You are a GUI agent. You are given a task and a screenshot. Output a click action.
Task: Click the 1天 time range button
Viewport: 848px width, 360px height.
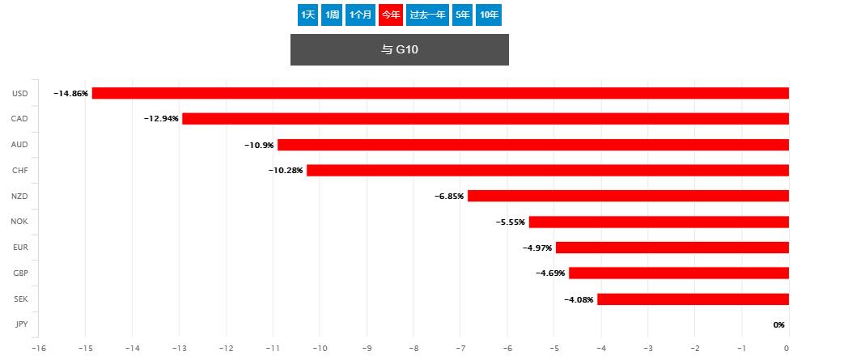click(x=307, y=15)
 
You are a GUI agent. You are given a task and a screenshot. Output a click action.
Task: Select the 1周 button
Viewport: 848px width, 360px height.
click(x=331, y=15)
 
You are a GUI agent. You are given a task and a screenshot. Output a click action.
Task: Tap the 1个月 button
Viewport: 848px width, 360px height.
click(x=360, y=15)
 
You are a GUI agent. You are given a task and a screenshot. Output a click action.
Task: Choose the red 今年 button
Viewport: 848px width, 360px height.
click(x=391, y=15)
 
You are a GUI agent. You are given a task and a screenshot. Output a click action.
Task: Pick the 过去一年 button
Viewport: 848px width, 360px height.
click(x=427, y=15)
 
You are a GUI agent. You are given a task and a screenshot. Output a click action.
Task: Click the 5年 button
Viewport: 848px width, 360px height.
click(x=462, y=15)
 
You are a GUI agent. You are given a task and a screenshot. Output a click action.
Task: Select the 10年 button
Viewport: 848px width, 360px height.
click(x=489, y=15)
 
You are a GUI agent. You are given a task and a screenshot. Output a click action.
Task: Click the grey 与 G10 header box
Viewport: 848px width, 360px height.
click(x=399, y=50)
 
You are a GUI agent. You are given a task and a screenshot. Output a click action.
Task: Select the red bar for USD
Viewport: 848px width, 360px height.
click(x=440, y=93)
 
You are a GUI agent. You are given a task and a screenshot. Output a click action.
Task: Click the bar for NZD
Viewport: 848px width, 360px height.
click(x=628, y=196)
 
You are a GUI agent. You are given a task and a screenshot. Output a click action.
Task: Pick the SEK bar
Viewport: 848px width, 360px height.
click(x=693, y=299)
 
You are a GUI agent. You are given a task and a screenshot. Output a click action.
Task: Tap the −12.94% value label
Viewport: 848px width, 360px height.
click(x=161, y=119)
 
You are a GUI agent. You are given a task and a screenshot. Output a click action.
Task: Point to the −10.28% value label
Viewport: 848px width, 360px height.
click(x=286, y=171)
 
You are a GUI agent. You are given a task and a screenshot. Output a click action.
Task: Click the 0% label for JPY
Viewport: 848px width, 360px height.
click(x=778, y=325)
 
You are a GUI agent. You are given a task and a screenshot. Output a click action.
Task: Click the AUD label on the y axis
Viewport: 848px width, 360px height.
click(x=20, y=145)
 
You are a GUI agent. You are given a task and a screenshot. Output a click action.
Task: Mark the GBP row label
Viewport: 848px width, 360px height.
click(x=20, y=273)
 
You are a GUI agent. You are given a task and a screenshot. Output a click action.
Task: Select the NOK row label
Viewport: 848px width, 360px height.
click(x=19, y=222)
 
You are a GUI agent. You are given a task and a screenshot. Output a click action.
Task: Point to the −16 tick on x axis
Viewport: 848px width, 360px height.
click(x=37, y=348)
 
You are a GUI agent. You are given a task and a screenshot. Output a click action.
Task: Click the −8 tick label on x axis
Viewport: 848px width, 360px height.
click(x=413, y=348)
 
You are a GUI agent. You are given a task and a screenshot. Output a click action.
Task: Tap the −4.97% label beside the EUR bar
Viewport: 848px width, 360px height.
click(x=536, y=248)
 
